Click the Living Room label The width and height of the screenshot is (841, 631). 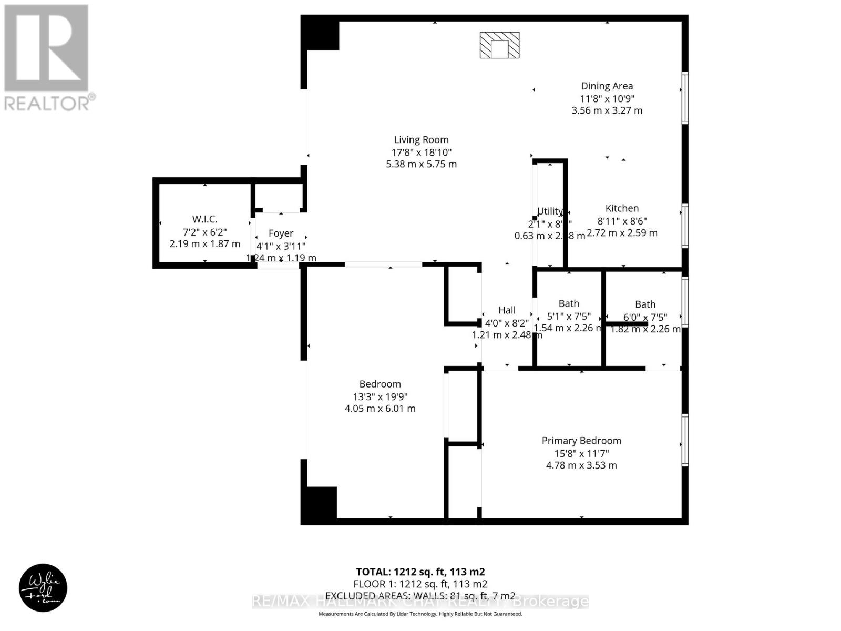[421, 140]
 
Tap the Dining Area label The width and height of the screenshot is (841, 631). [607, 86]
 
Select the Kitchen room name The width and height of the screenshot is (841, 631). [622, 208]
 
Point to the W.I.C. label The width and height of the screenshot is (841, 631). [204, 219]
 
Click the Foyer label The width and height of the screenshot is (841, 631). [281, 233]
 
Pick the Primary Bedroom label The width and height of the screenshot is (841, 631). [581, 441]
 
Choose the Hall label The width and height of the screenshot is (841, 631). [507, 310]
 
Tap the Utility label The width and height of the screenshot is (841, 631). [549, 211]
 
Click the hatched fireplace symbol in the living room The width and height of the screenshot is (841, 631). [499, 45]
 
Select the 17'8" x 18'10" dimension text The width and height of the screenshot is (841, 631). [421, 152]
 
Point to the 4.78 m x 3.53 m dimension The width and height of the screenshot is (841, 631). [581, 465]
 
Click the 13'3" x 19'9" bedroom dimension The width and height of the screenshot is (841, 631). [380, 396]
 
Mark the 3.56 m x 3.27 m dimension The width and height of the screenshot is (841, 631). [607, 110]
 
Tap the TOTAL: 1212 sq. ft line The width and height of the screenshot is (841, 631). [420, 572]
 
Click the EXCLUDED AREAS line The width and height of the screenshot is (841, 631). [420, 596]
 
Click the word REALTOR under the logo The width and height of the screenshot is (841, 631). [47, 103]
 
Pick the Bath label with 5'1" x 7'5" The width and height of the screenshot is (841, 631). [569, 303]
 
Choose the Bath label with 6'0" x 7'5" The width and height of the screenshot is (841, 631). [645, 304]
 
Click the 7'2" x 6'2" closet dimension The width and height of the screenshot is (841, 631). [204, 232]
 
